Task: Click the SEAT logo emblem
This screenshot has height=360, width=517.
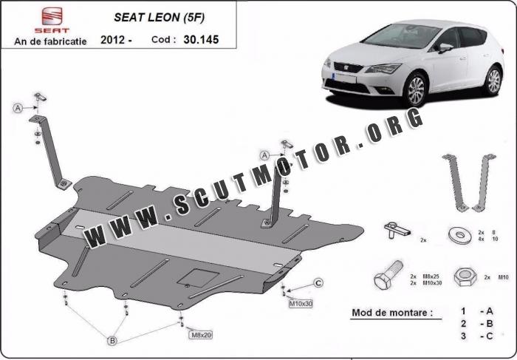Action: [52, 16]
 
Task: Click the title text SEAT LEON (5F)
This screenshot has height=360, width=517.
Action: [160, 18]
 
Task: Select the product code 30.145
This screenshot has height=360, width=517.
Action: [201, 40]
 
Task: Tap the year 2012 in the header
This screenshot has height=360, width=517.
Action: [112, 40]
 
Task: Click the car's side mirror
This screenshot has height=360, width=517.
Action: [445, 47]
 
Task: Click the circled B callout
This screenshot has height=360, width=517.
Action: [112, 341]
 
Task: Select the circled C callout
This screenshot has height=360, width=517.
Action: [318, 283]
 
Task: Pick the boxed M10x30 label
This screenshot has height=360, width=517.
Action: [301, 304]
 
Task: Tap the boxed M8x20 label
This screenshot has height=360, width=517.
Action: [200, 335]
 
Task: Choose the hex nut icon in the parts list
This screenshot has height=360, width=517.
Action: [465, 276]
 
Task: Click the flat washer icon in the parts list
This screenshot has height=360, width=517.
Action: [459, 235]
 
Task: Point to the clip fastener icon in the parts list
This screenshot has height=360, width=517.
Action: [397, 230]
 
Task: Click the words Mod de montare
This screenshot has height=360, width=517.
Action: [392, 313]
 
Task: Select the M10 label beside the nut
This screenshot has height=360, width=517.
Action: [503, 277]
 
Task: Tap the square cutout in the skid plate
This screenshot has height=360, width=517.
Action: [198, 278]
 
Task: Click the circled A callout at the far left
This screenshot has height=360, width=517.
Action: [18, 108]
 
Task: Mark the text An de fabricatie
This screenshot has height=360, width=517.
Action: [50, 41]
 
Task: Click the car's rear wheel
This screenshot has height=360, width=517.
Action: [493, 81]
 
